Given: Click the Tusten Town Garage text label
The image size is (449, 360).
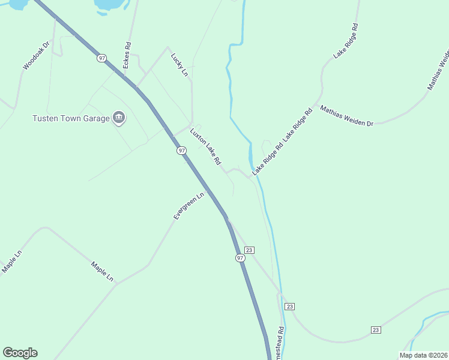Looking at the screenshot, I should (71, 118).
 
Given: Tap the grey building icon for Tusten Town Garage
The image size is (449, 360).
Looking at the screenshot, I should (118, 118).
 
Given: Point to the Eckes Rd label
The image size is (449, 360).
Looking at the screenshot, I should (127, 55).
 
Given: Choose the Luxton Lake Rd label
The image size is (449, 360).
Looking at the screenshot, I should (206, 146).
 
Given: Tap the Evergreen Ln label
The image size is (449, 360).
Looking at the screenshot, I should (189, 206).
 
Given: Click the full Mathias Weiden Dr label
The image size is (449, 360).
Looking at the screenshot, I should (347, 116).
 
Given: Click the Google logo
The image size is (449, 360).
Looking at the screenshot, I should (20, 353).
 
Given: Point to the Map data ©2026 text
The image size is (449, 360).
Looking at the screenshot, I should (423, 355).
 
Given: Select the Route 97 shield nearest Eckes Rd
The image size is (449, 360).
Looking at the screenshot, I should (102, 58).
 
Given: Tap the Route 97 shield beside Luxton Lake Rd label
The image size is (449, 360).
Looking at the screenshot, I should (181, 151).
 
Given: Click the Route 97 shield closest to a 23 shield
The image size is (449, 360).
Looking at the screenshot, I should (240, 257).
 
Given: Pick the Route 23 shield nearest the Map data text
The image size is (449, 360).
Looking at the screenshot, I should (376, 330).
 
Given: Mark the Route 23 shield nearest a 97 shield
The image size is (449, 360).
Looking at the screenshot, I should (250, 250).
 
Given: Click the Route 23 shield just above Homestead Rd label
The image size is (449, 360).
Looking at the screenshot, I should (290, 307).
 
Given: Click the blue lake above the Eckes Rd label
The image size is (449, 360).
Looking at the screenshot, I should (111, 5).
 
